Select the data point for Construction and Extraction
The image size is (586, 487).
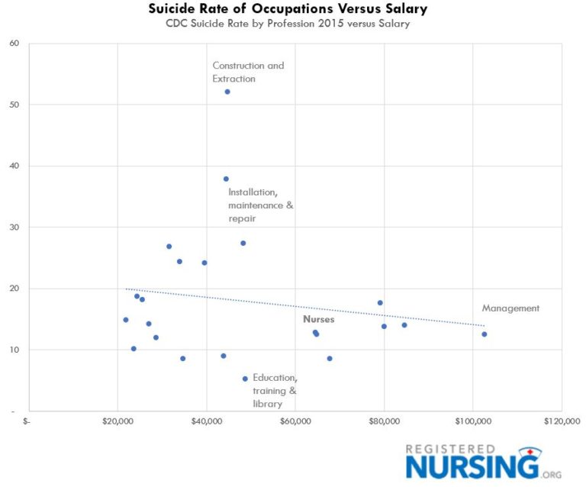pyautogui.click(x=227, y=92)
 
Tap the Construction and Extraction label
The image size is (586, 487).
pyautogui.click(x=248, y=72)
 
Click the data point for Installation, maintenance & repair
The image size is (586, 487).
pyautogui.click(x=226, y=179)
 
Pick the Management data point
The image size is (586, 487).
pyautogui.click(x=484, y=334)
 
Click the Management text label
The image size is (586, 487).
pyautogui.click(x=510, y=308)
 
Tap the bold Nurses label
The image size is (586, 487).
pyautogui.click(x=318, y=320)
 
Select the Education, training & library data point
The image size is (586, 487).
pyautogui.click(x=245, y=379)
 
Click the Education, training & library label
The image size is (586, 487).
pyautogui.click(x=275, y=390)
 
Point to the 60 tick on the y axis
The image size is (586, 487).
pyautogui.click(x=14, y=43)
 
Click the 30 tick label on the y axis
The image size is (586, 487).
pyautogui.click(x=14, y=227)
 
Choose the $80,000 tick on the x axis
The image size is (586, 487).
pyautogui.click(x=384, y=421)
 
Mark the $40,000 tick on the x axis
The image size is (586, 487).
pyautogui.click(x=206, y=421)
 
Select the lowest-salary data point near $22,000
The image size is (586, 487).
pyautogui.click(x=126, y=320)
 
